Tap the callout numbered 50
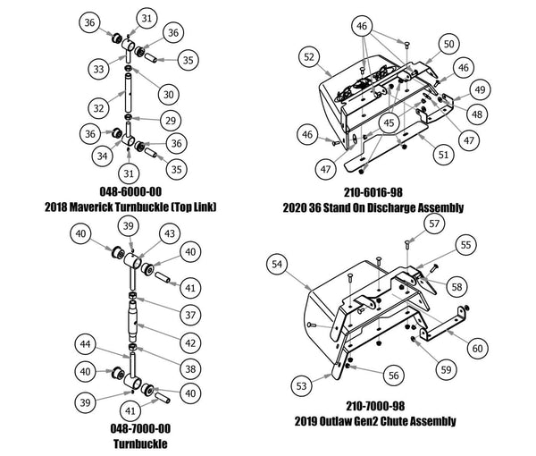[448, 44]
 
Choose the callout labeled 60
[477, 346]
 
